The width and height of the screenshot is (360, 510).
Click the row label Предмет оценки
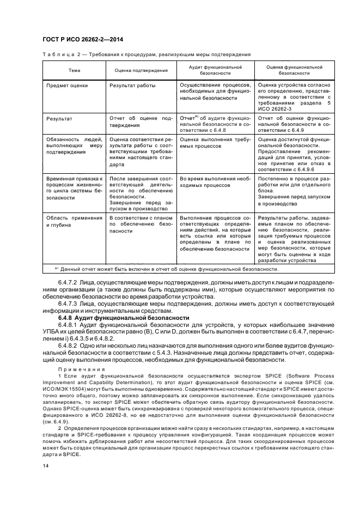click(x=68, y=86)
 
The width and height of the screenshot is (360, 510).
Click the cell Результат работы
click(x=132, y=86)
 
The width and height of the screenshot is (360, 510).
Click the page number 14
click(x=46, y=466)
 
